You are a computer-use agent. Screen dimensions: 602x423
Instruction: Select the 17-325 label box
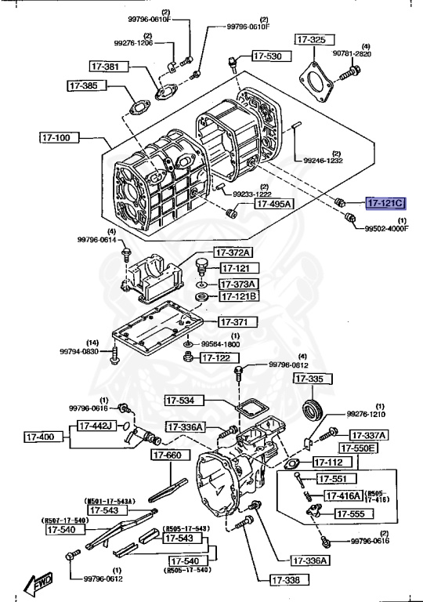tap(311, 38)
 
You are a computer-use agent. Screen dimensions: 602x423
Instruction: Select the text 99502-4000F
tap(386, 229)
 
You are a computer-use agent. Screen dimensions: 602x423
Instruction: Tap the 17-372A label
tap(234, 252)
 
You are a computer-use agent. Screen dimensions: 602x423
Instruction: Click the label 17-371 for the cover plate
tap(234, 321)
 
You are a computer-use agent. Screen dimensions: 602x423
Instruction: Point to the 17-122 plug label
tap(216, 357)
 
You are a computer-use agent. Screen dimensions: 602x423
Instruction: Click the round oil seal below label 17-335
tap(314, 411)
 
